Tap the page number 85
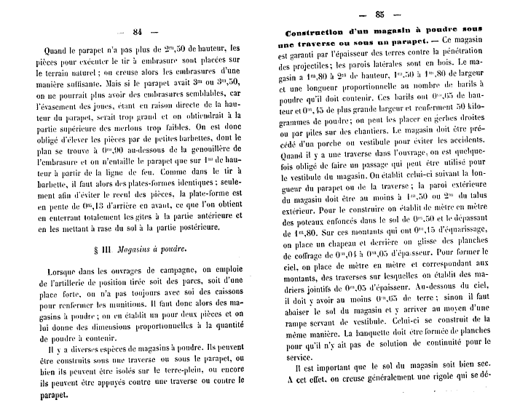pyautogui.click(x=379, y=15)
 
